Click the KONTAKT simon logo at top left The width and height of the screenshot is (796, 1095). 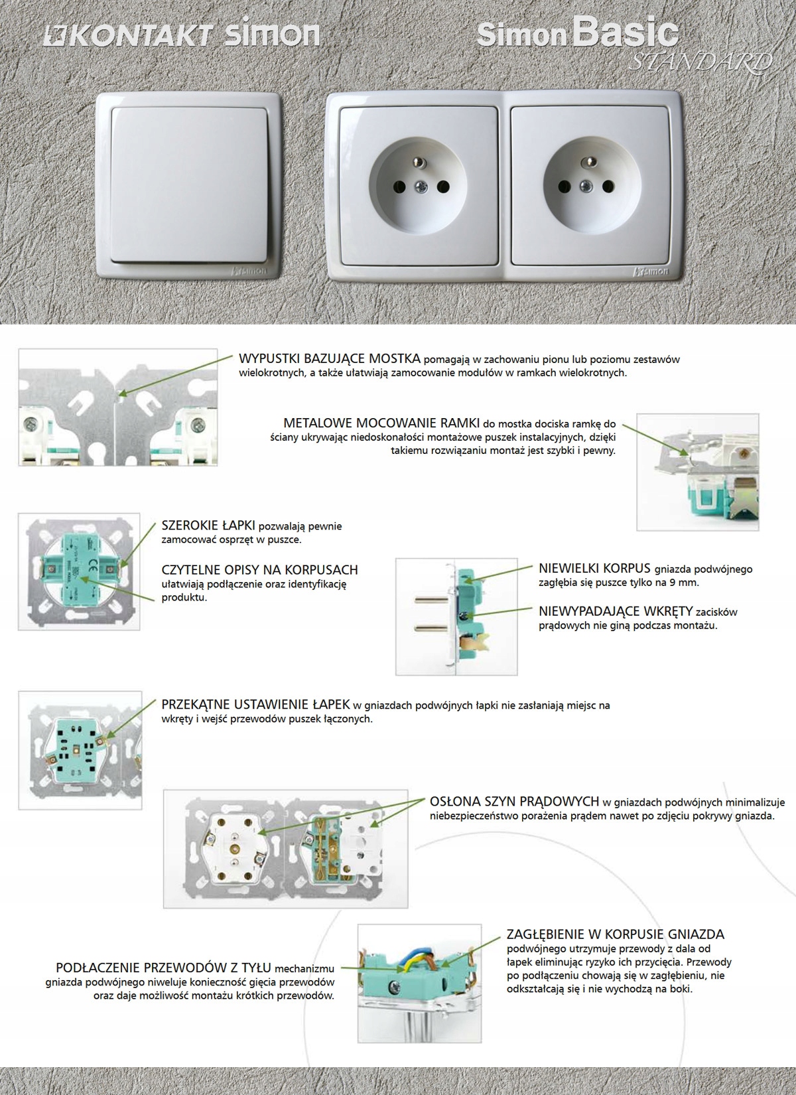pos(180,35)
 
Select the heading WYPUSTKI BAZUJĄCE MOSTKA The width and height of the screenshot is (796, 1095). pos(329,359)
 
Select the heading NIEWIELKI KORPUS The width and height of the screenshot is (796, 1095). pos(594,569)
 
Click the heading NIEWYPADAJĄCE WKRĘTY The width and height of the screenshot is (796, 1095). pos(616,611)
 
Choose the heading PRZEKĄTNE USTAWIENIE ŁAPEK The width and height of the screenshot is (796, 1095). pos(255,705)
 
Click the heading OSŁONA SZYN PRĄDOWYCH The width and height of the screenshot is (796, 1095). pos(514,801)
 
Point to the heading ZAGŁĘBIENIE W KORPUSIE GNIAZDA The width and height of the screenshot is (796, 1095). pos(615,934)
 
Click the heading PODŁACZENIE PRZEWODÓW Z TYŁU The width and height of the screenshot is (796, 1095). pos(163,968)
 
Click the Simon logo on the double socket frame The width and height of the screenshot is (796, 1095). pos(653,271)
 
